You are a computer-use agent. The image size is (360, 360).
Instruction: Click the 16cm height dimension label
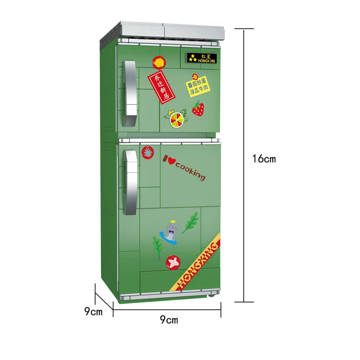[264, 159]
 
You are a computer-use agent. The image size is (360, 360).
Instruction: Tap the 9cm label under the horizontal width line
[169, 320]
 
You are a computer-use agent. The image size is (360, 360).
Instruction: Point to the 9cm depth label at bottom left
[93, 311]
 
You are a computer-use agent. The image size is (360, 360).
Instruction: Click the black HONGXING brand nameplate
[202, 58]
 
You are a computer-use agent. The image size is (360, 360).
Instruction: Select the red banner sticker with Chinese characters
[161, 87]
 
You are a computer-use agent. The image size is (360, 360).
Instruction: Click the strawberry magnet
[198, 108]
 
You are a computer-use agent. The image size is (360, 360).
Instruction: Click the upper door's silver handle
[131, 94]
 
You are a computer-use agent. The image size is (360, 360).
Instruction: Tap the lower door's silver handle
[131, 183]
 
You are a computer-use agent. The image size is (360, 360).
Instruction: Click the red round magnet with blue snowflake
[148, 152]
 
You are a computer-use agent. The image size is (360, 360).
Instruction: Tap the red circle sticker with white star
[173, 262]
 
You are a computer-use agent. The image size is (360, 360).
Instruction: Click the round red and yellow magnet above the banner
[159, 62]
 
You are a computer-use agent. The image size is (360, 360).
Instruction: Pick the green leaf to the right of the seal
[190, 223]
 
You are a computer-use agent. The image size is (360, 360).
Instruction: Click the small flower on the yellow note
[195, 77]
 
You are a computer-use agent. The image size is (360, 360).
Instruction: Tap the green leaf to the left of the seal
[158, 248]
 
